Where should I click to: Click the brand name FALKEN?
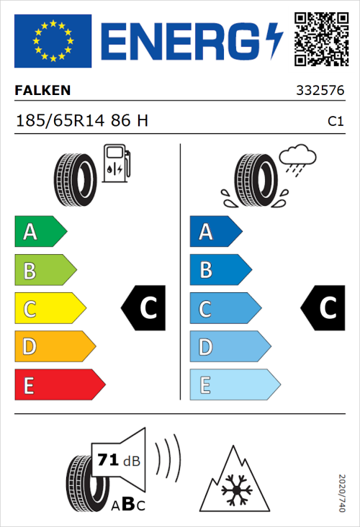click(43, 91)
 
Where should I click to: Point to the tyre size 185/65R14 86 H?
click(81, 121)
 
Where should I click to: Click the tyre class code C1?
click(335, 122)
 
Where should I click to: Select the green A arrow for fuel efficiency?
click(40, 232)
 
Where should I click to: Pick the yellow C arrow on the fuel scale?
click(49, 309)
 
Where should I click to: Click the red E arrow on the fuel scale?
click(59, 385)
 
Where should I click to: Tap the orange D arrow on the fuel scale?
click(54, 347)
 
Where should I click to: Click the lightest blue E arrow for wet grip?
click(234, 385)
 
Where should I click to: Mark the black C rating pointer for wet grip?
click(322, 308)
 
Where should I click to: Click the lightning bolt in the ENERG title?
click(274, 41)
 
